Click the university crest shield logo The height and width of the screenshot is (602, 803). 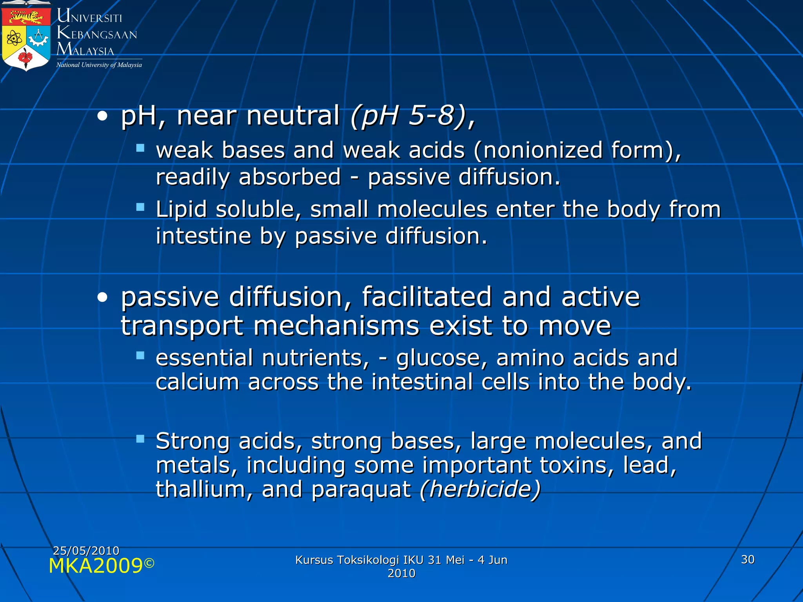[x=26, y=38]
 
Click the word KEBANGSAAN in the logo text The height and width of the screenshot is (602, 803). [x=97, y=34]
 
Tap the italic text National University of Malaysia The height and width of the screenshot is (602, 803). [x=99, y=65]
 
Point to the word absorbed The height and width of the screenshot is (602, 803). [x=290, y=177]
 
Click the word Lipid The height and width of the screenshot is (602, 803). [x=181, y=210]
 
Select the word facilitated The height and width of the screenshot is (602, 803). [x=427, y=297]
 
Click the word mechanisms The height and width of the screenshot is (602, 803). [x=336, y=326]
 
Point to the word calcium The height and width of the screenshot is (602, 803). [x=198, y=382]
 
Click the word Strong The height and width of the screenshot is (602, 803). [x=193, y=442]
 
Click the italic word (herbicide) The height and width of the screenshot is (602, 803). [x=480, y=490]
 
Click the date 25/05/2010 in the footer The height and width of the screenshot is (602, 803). [x=86, y=551]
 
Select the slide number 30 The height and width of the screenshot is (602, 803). [x=748, y=560]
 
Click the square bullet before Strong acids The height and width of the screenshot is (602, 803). [x=140, y=439]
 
